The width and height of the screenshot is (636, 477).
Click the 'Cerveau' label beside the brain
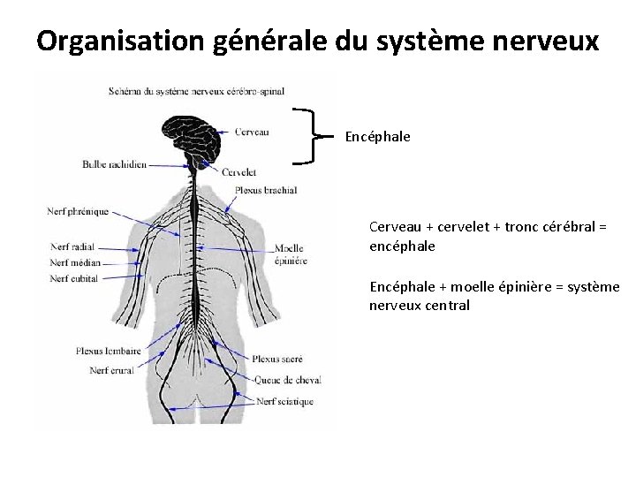252,132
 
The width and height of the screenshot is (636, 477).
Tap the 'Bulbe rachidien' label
115,163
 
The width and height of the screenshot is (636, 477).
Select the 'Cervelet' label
240,172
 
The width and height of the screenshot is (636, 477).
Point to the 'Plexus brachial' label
266,189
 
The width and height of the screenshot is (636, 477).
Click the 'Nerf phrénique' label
79,211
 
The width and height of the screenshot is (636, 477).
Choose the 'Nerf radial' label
72,246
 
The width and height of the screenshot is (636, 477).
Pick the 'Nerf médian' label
75,262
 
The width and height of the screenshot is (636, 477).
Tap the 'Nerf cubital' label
74,278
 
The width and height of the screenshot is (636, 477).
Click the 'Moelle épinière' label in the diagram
291,254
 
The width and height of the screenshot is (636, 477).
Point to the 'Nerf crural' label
111,370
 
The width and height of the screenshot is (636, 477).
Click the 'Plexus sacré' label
277,360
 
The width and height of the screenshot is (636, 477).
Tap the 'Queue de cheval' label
287,380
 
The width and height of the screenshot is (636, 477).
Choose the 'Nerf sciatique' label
284,402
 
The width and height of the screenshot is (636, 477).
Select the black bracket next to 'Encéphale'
305,136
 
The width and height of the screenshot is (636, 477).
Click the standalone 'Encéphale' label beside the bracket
377,137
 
